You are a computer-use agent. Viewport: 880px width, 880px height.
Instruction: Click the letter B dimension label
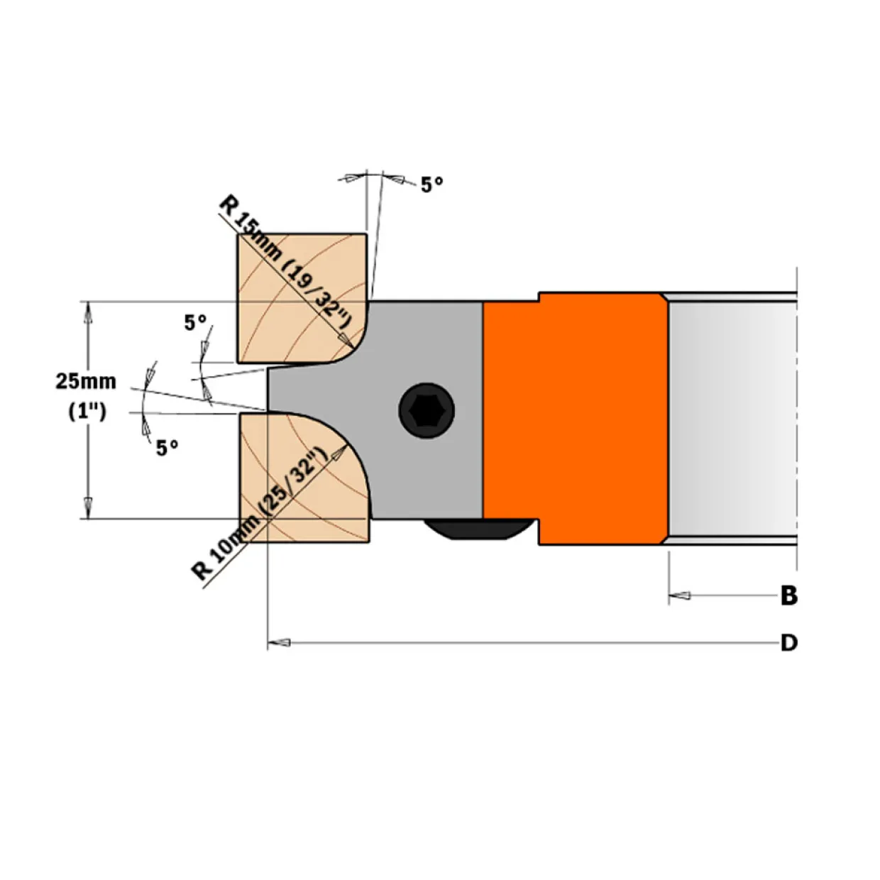tap(788, 595)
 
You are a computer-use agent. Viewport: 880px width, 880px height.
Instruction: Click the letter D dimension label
tap(788, 643)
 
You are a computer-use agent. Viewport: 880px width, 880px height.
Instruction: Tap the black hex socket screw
tap(427, 410)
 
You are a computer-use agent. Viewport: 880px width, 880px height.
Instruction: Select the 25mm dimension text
tap(86, 381)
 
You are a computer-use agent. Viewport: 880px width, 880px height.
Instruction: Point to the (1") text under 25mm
tap(87, 412)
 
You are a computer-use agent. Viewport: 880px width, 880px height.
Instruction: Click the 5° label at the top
tap(431, 185)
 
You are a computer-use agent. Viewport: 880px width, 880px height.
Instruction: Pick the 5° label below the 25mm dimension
tap(167, 448)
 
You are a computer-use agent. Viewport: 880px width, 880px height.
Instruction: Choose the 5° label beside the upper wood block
tap(195, 323)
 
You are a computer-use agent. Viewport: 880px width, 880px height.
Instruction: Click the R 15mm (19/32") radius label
tap(285, 263)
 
